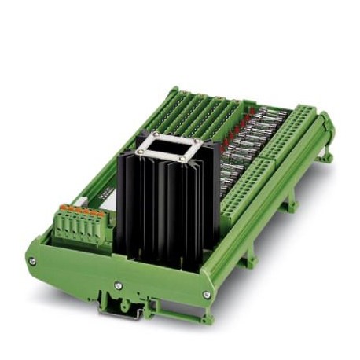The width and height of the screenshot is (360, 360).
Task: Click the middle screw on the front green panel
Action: click(118, 285)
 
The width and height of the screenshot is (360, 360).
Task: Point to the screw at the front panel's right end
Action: click(207, 294)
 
